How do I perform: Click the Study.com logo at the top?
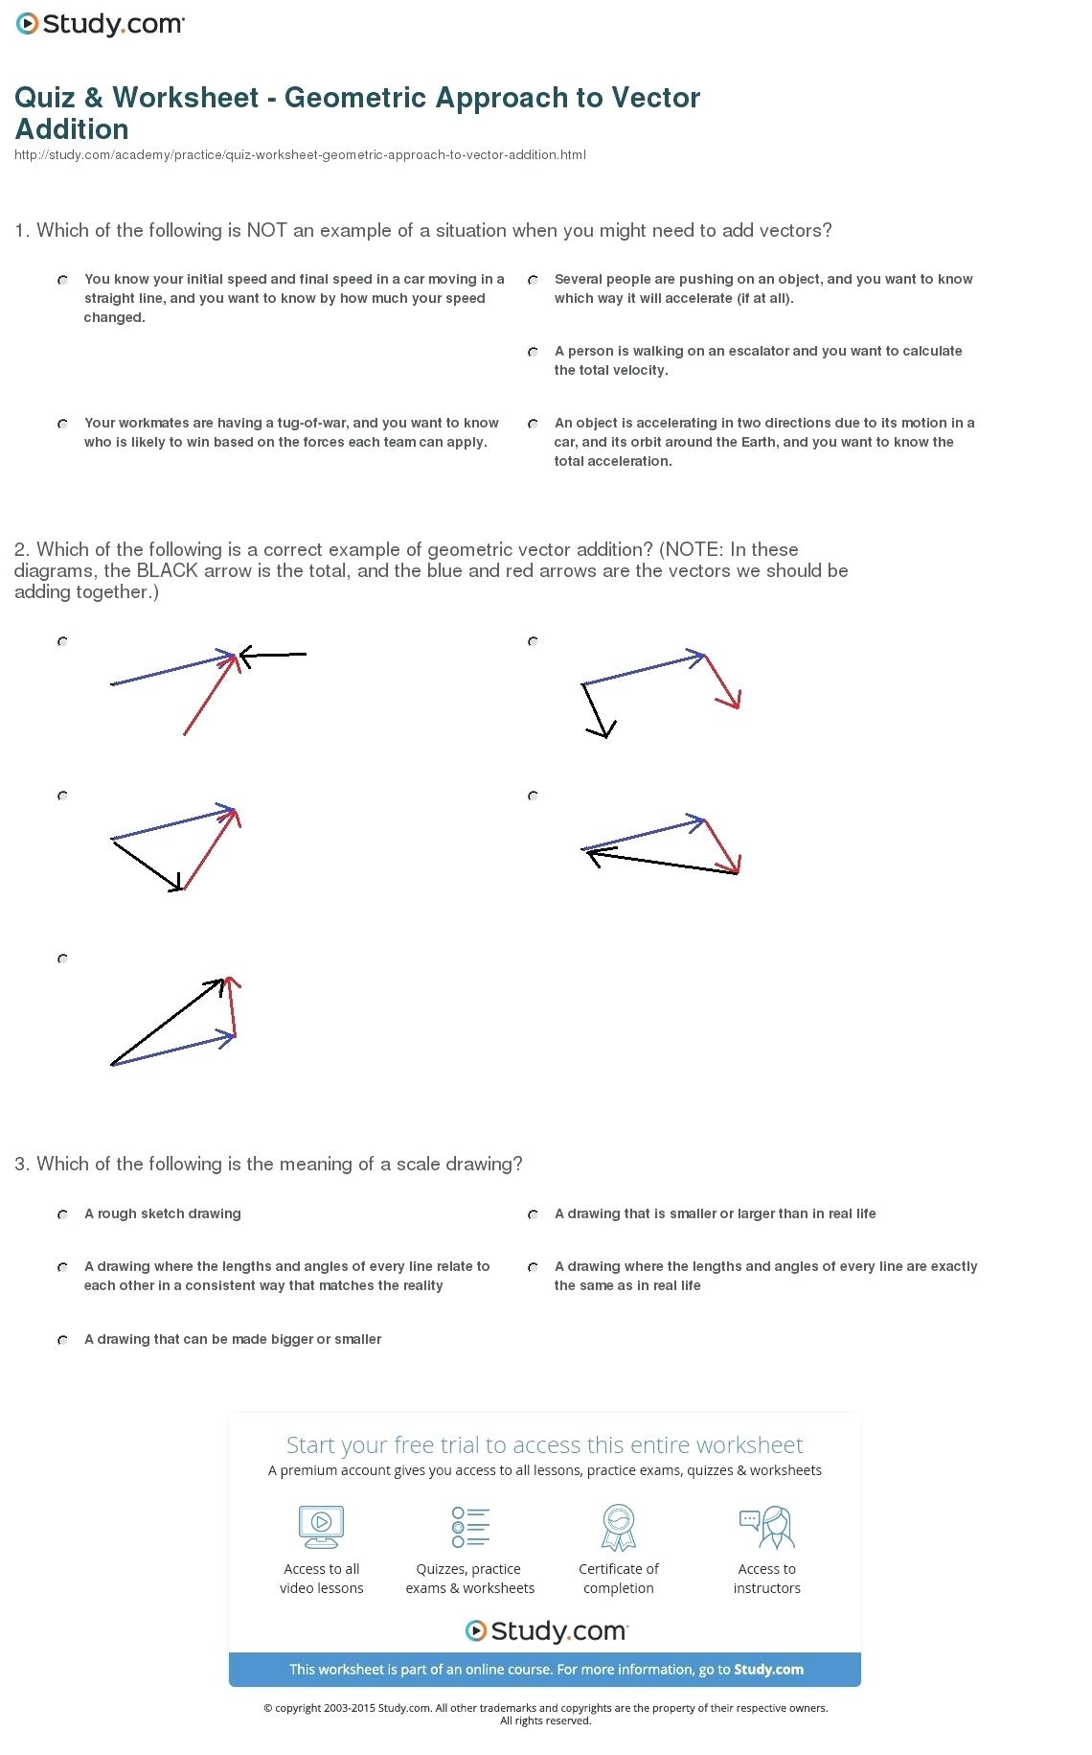point(100,25)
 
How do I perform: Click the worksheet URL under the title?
point(300,155)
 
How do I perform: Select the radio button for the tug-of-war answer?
point(62,424)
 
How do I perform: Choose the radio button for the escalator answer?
point(533,352)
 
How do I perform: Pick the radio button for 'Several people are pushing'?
point(533,280)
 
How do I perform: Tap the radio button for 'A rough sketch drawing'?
point(62,1214)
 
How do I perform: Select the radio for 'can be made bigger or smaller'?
point(62,1340)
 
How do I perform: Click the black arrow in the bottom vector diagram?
point(168,1022)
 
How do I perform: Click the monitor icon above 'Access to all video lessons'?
point(321,1527)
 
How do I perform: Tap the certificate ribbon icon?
point(619,1527)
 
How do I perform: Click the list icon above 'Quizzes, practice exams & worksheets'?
point(470,1527)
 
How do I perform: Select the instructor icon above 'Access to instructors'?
point(767,1527)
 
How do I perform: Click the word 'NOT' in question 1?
point(267,231)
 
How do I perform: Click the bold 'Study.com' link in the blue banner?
point(768,1669)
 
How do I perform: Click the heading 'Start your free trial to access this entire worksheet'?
point(544,1444)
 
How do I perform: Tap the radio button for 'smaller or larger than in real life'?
point(533,1214)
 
